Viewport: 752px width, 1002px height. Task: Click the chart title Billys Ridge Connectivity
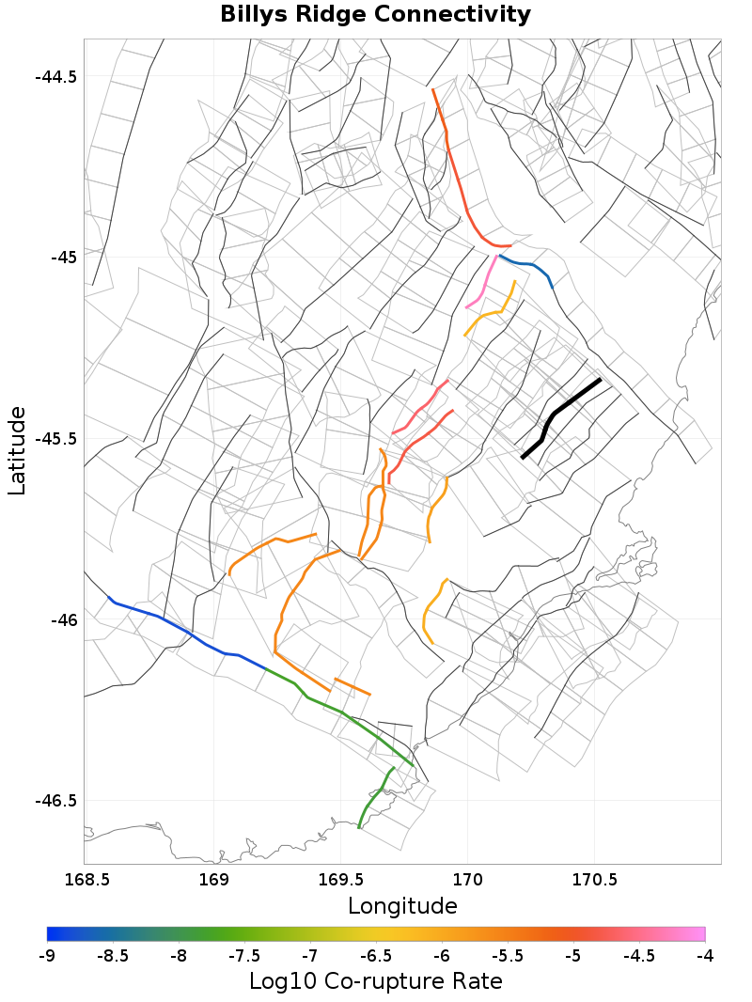point(375,15)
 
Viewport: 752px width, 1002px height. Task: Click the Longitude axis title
point(402,906)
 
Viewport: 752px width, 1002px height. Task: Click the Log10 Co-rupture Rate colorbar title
point(375,981)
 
